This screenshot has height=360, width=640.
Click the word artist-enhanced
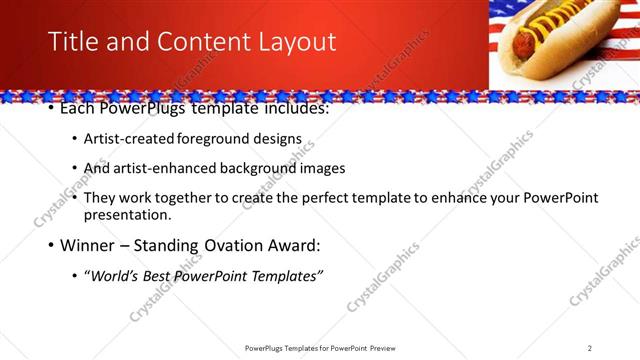click(172, 169)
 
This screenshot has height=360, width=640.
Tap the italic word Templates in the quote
click(285, 275)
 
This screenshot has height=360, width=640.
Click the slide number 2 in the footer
click(589, 348)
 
